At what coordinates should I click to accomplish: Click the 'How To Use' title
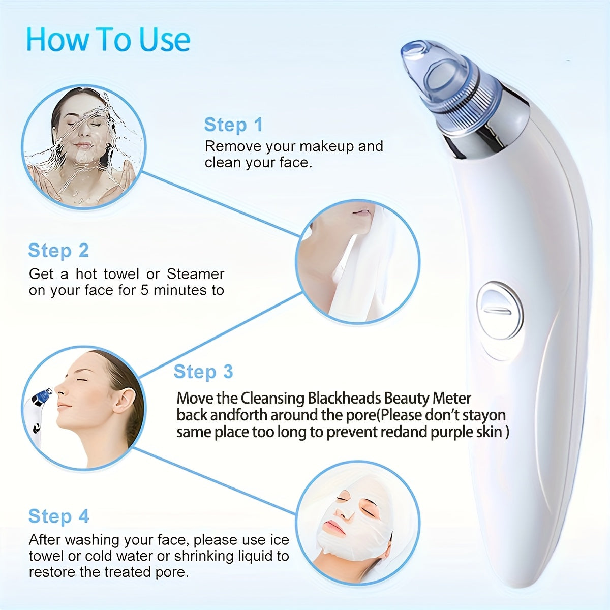(108, 40)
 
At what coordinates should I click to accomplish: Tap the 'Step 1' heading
(233, 125)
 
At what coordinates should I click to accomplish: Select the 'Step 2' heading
(58, 251)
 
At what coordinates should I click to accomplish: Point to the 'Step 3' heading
(203, 372)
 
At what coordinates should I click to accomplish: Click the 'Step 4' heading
(58, 516)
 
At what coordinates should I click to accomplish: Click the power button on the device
(499, 311)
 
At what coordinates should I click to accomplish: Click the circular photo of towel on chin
(358, 262)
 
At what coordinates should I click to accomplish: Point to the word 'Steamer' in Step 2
(195, 274)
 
